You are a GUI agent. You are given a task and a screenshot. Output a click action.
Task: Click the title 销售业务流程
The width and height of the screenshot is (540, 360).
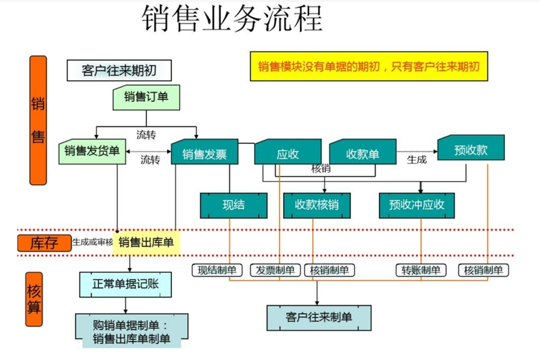[x=232, y=20]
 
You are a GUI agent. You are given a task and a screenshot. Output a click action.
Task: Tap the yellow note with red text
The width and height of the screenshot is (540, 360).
[x=369, y=66]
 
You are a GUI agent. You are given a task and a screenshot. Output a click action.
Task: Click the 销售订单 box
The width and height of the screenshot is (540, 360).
[x=146, y=97]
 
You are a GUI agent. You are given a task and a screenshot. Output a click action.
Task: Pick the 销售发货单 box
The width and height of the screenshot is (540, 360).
[x=92, y=151]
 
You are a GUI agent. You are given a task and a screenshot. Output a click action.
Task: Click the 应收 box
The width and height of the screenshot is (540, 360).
[x=287, y=154]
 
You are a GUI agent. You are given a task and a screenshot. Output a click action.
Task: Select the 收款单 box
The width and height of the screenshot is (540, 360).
[x=362, y=154]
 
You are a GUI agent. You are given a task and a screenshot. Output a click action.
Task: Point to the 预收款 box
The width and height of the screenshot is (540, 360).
[x=471, y=150]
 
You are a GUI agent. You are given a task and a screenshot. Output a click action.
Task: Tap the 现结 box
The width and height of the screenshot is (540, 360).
[x=233, y=205]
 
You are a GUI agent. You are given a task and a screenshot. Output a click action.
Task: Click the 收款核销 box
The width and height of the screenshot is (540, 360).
[x=316, y=205]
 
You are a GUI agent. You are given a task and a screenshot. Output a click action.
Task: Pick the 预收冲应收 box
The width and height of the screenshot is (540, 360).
[x=421, y=205]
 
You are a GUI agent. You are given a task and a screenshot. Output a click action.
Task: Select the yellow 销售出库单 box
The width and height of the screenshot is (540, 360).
[x=146, y=242]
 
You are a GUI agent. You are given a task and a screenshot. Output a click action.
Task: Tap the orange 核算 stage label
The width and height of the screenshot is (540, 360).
[x=34, y=299]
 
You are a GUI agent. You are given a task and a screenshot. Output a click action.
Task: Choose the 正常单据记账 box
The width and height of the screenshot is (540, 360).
[x=125, y=284]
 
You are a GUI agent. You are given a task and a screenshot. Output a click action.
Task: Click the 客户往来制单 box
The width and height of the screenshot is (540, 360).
[x=318, y=316]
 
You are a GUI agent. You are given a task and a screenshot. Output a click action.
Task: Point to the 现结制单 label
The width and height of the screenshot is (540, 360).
[x=217, y=270]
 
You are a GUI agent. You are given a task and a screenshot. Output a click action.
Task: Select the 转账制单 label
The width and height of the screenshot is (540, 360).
[x=420, y=270]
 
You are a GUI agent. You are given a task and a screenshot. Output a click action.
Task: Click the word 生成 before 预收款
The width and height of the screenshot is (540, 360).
[x=416, y=159]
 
